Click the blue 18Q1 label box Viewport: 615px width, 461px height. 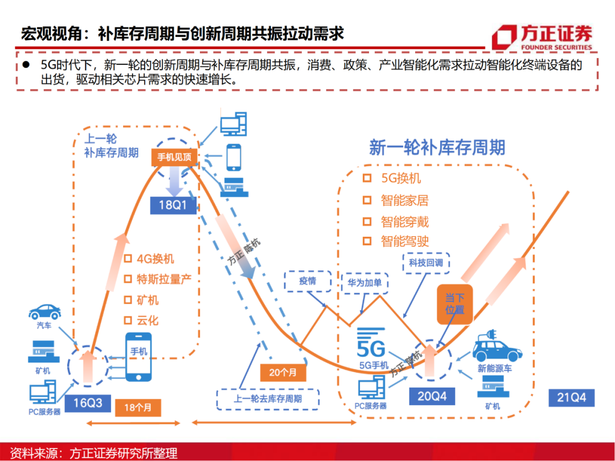pos(173,205)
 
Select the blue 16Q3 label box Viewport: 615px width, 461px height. pos(87,402)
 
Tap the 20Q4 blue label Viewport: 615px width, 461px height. pos(432,396)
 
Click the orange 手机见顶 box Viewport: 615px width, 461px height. pos(174,157)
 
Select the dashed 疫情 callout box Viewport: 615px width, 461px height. pos(307,281)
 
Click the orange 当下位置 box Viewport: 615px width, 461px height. pos(454,303)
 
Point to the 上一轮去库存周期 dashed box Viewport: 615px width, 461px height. pos(268,398)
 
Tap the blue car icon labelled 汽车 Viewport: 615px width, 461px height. pos(45,311)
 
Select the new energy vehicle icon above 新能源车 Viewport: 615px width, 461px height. pos(498,347)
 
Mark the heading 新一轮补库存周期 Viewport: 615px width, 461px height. pos(437,147)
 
